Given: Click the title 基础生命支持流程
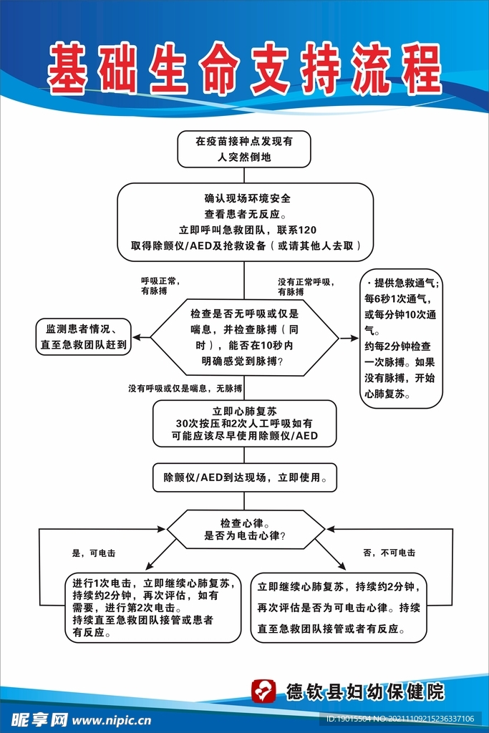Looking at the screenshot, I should [244, 68].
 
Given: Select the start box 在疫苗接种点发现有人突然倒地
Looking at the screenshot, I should [244, 149].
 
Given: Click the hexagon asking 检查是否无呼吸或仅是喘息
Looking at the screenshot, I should [244, 337].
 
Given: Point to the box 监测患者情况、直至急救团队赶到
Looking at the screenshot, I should [83, 336].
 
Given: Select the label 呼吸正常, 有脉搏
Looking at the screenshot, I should [159, 286].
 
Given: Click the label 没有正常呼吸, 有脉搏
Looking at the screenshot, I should [306, 286].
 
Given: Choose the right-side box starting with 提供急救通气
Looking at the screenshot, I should [401, 337].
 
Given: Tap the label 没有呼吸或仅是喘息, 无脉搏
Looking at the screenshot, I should [185, 388].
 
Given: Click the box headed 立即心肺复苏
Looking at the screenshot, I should [244, 423].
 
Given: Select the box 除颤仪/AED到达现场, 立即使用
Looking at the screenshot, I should [244, 477].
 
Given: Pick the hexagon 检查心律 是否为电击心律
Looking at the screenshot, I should [245, 529].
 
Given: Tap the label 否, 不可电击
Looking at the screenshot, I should [389, 553].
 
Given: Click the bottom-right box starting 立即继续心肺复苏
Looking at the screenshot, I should [338, 607].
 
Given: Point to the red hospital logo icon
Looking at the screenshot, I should [263, 691].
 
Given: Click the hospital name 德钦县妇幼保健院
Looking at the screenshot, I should [364, 691].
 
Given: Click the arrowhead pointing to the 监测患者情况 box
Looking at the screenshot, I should [136, 336].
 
